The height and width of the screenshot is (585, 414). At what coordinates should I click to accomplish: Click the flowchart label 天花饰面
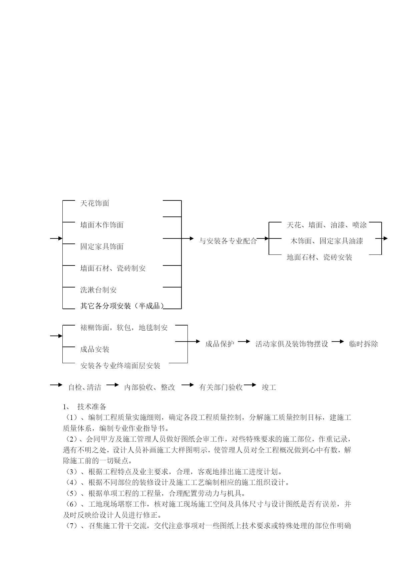(95, 203)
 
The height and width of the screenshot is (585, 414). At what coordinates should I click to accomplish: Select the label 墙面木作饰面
(102, 225)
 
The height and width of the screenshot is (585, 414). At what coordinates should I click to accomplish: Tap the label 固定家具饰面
(102, 246)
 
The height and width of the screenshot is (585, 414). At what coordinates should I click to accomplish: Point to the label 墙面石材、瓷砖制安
(113, 268)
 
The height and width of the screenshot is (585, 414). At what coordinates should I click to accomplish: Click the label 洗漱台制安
(98, 290)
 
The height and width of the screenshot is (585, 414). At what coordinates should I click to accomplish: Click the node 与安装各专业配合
(228, 241)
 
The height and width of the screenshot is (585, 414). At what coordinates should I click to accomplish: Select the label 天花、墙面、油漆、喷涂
(327, 225)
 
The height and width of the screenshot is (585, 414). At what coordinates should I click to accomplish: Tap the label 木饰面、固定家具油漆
(327, 241)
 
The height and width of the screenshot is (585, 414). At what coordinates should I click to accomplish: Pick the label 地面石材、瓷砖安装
(320, 257)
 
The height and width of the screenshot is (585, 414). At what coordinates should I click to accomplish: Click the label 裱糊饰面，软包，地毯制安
(124, 328)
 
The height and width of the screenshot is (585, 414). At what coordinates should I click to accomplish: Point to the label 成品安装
(95, 349)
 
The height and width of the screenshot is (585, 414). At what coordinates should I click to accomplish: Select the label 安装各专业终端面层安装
(120, 366)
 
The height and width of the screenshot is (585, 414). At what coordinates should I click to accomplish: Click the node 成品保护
(220, 344)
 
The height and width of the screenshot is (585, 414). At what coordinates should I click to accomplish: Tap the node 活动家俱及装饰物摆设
(292, 344)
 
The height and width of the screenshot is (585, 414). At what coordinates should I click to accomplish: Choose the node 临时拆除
(364, 344)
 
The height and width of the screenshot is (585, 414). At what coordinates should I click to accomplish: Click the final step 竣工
(269, 387)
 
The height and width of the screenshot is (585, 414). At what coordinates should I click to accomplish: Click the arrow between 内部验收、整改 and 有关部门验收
(187, 385)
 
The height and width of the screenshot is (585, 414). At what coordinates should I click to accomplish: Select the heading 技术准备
(92, 407)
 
